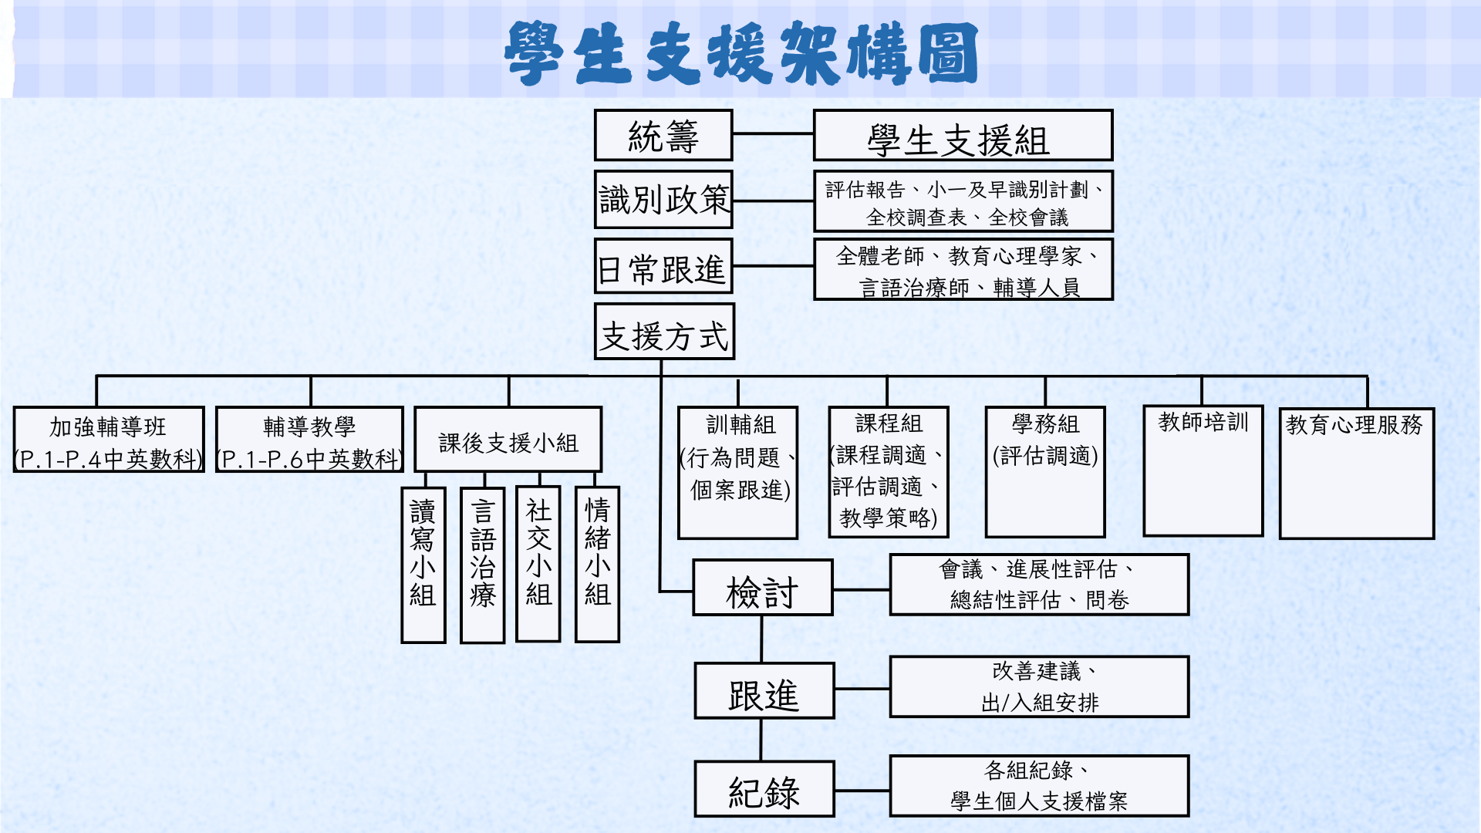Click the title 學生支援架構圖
pos(741,52)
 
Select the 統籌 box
pos(663,135)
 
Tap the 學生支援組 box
pos(963,135)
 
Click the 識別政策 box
pos(663,200)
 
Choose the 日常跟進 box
pos(663,266)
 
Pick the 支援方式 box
pos(664,332)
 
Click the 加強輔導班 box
pos(109,440)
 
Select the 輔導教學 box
pos(309,440)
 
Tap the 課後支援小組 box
pos(508,440)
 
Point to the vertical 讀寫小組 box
pos(423,565)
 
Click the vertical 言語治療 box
pos(483,565)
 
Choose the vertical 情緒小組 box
pos(598,565)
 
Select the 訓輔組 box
pos(738,473)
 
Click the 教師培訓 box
pos(1203,470)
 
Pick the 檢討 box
pos(763,588)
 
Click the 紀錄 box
pos(764,789)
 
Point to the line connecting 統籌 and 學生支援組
pos(773,134)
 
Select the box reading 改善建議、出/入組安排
pos(1039,687)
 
